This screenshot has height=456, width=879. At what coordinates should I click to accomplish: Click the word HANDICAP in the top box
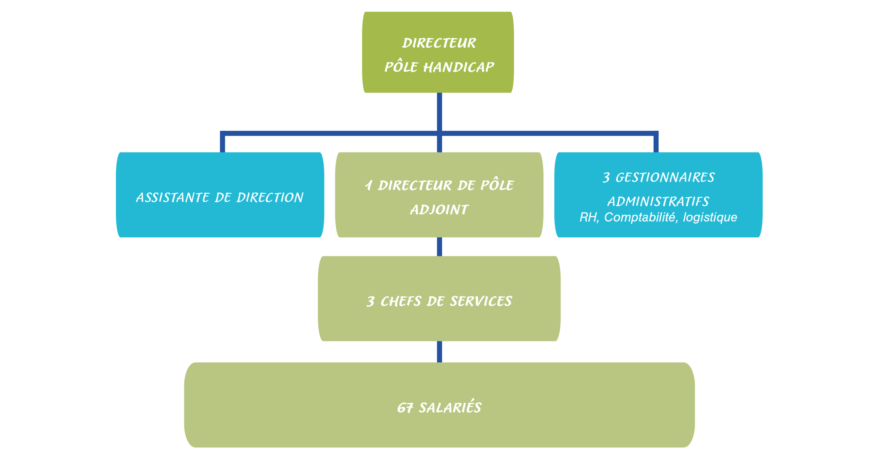pos(458,67)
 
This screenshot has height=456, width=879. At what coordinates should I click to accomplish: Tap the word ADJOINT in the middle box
pos(439,209)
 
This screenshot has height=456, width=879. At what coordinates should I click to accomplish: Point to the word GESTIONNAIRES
pos(665,177)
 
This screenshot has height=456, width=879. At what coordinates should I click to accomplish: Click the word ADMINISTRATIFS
pos(658,201)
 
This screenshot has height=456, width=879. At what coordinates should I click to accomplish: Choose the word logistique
pos(710,218)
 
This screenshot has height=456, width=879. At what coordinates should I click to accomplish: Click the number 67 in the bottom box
pos(405,408)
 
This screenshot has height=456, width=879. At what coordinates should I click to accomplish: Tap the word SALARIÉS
pos(450,408)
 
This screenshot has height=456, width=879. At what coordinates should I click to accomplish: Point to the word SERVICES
pos(481,301)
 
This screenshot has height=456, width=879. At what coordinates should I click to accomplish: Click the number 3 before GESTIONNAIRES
pos(606,178)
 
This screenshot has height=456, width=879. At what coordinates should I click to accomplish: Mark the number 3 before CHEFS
pos(370,301)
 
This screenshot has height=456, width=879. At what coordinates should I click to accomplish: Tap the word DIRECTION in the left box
pos(270,197)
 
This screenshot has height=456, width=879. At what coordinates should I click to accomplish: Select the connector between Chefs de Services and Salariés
pos(439,352)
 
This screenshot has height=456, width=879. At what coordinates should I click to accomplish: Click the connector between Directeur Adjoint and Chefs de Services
pos(439,247)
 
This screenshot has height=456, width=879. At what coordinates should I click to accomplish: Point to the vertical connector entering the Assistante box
pos(223,143)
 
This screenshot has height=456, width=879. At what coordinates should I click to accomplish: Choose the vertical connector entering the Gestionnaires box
pos(656,143)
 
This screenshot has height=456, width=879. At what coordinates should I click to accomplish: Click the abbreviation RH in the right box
pos(588,218)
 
